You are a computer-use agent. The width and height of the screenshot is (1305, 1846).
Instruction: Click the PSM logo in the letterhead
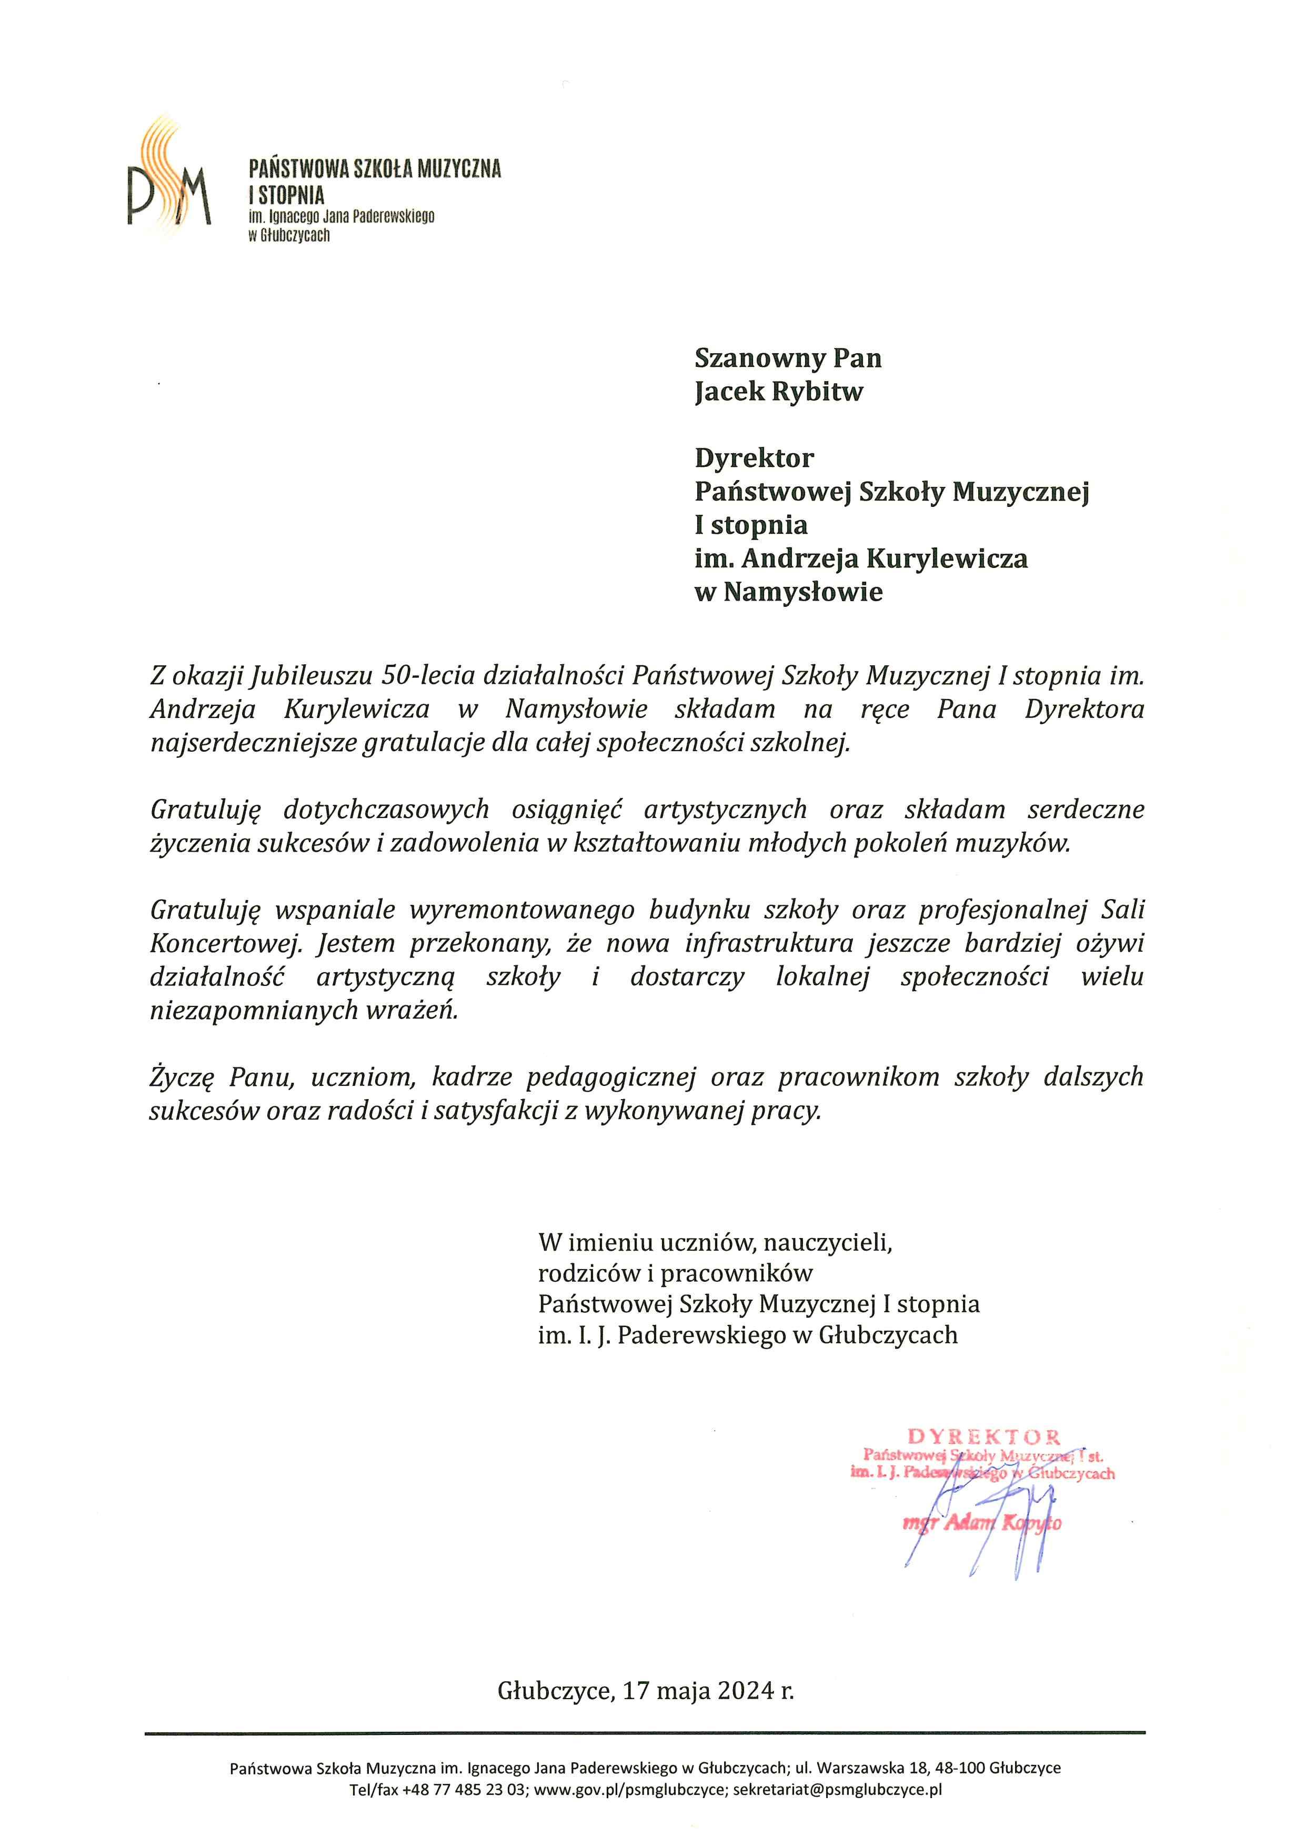pos(169,178)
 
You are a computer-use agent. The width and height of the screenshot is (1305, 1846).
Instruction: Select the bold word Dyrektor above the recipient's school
pos(754,458)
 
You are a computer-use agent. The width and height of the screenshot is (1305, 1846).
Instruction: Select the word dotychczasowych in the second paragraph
pos(387,810)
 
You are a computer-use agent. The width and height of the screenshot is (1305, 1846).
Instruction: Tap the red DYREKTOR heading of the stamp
pos(985,1437)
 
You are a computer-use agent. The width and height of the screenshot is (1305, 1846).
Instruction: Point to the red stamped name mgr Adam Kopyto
pos(982,1523)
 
